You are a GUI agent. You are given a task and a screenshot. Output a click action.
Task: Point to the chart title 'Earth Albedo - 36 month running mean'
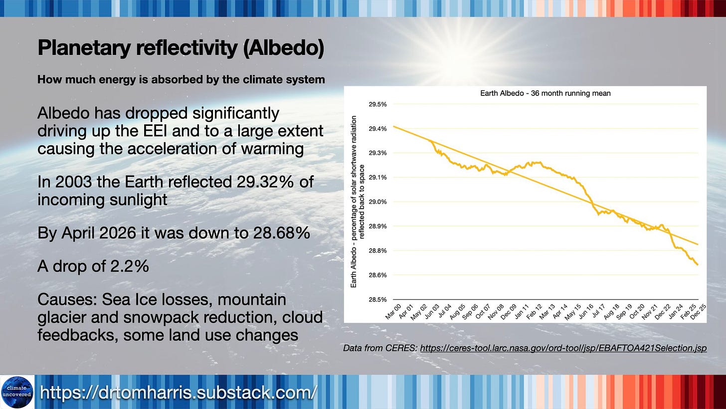[x=545, y=93]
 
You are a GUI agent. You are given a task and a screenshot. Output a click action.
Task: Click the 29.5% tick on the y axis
[x=377, y=104]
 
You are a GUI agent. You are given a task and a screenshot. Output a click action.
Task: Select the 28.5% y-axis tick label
[x=377, y=299]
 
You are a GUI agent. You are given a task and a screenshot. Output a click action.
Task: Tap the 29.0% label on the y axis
[x=377, y=202]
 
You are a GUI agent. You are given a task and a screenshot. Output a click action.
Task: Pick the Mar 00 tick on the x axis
[x=393, y=312]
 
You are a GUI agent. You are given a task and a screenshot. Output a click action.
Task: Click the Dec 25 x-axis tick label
[x=698, y=312]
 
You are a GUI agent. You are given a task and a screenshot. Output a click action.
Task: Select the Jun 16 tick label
[x=585, y=312]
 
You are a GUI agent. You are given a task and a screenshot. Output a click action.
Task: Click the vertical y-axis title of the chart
[x=358, y=202]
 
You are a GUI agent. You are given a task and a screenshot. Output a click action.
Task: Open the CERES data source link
[x=563, y=348]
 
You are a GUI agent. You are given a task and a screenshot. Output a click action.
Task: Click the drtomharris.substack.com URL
[x=179, y=393]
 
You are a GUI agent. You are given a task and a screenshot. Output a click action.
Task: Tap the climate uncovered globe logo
[x=17, y=392]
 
